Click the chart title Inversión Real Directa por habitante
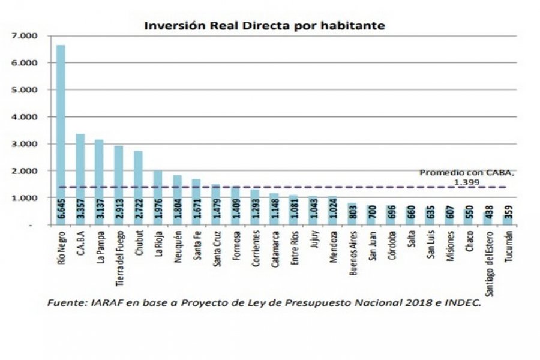pyautogui.click(x=263, y=26)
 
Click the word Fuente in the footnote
pyautogui.click(x=64, y=304)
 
